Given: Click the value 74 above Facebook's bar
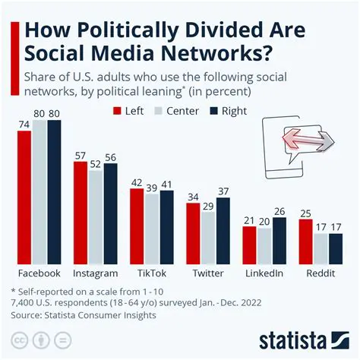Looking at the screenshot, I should tap(23, 123).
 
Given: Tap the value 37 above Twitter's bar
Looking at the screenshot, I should tap(223, 190).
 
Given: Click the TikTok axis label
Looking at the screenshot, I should tap(151, 272).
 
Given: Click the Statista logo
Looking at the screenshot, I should tap(303, 338).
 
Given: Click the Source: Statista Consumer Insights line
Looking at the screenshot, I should tap(84, 314).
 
